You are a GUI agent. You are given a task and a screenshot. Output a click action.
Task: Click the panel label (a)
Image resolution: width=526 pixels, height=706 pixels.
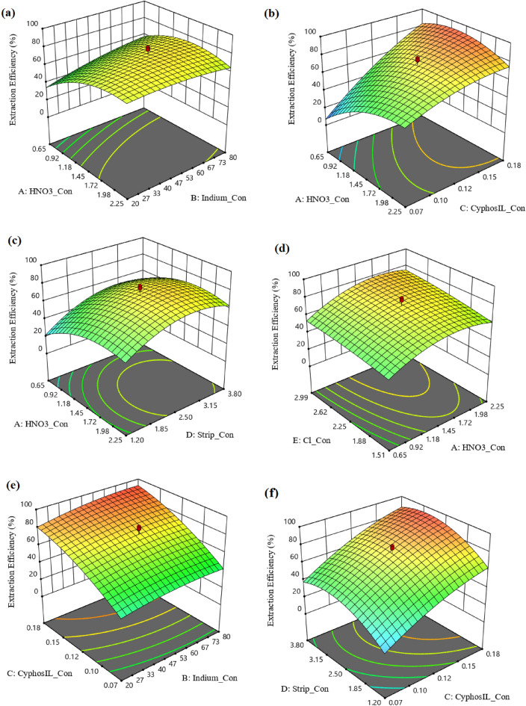(13, 10)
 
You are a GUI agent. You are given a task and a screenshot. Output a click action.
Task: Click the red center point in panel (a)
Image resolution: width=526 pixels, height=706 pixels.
(148, 48)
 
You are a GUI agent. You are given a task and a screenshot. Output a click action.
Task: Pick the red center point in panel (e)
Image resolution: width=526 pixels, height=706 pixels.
(139, 527)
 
